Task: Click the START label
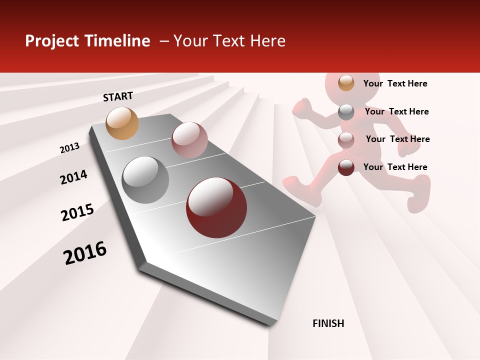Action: tap(118, 96)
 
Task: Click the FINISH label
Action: tap(328, 323)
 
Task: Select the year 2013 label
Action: tap(69, 148)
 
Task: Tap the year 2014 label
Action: tap(73, 177)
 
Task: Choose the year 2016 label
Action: tap(85, 253)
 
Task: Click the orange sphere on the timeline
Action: tap(122, 123)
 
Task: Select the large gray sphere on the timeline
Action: tap(145, 180)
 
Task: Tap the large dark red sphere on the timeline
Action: tap(216, 207)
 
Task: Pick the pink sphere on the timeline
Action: tap(189, 140)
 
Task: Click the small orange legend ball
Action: tap(346, 83)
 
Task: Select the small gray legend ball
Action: tap(346, 112)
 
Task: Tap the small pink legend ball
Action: tap(346, 140)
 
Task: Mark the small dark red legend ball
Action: tap(346, 167)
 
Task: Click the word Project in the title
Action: tap(52, 41)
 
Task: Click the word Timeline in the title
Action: tap(117, 41)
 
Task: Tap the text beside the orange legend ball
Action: tap(395, 84)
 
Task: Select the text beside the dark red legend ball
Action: tap(395, 167)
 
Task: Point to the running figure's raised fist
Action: tap(302, 107)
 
